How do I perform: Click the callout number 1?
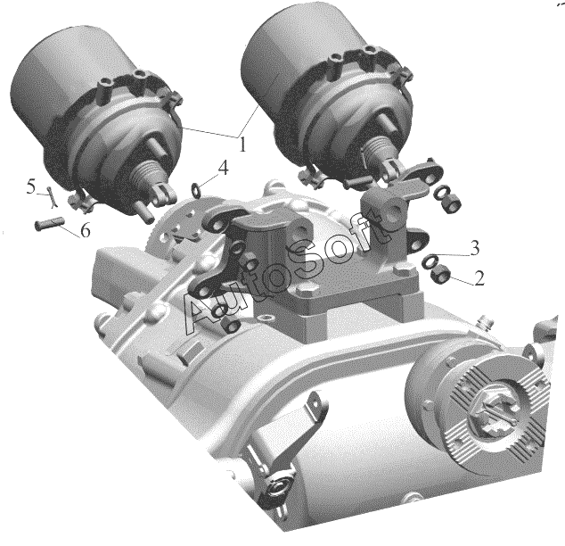[242, 144]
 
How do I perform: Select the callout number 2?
[479, 278]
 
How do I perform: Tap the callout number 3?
[475, 249]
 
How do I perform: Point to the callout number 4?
[224, 168]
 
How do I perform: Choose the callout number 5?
[31, 187]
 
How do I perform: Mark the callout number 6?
[85, 230]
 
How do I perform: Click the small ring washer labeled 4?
[196, 189]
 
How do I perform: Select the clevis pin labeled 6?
[49, 223]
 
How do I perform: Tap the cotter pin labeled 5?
[52, 197]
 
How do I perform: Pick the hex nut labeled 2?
[440, 275]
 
